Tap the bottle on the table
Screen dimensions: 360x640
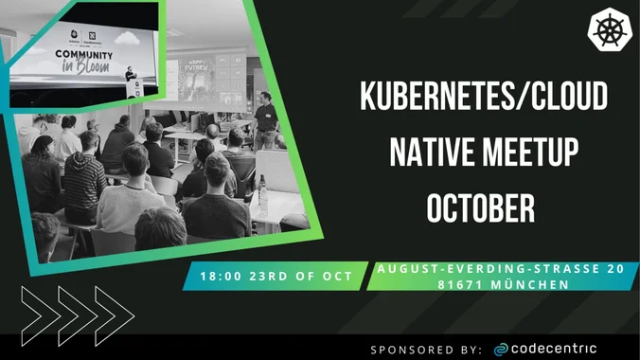[262, 194]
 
